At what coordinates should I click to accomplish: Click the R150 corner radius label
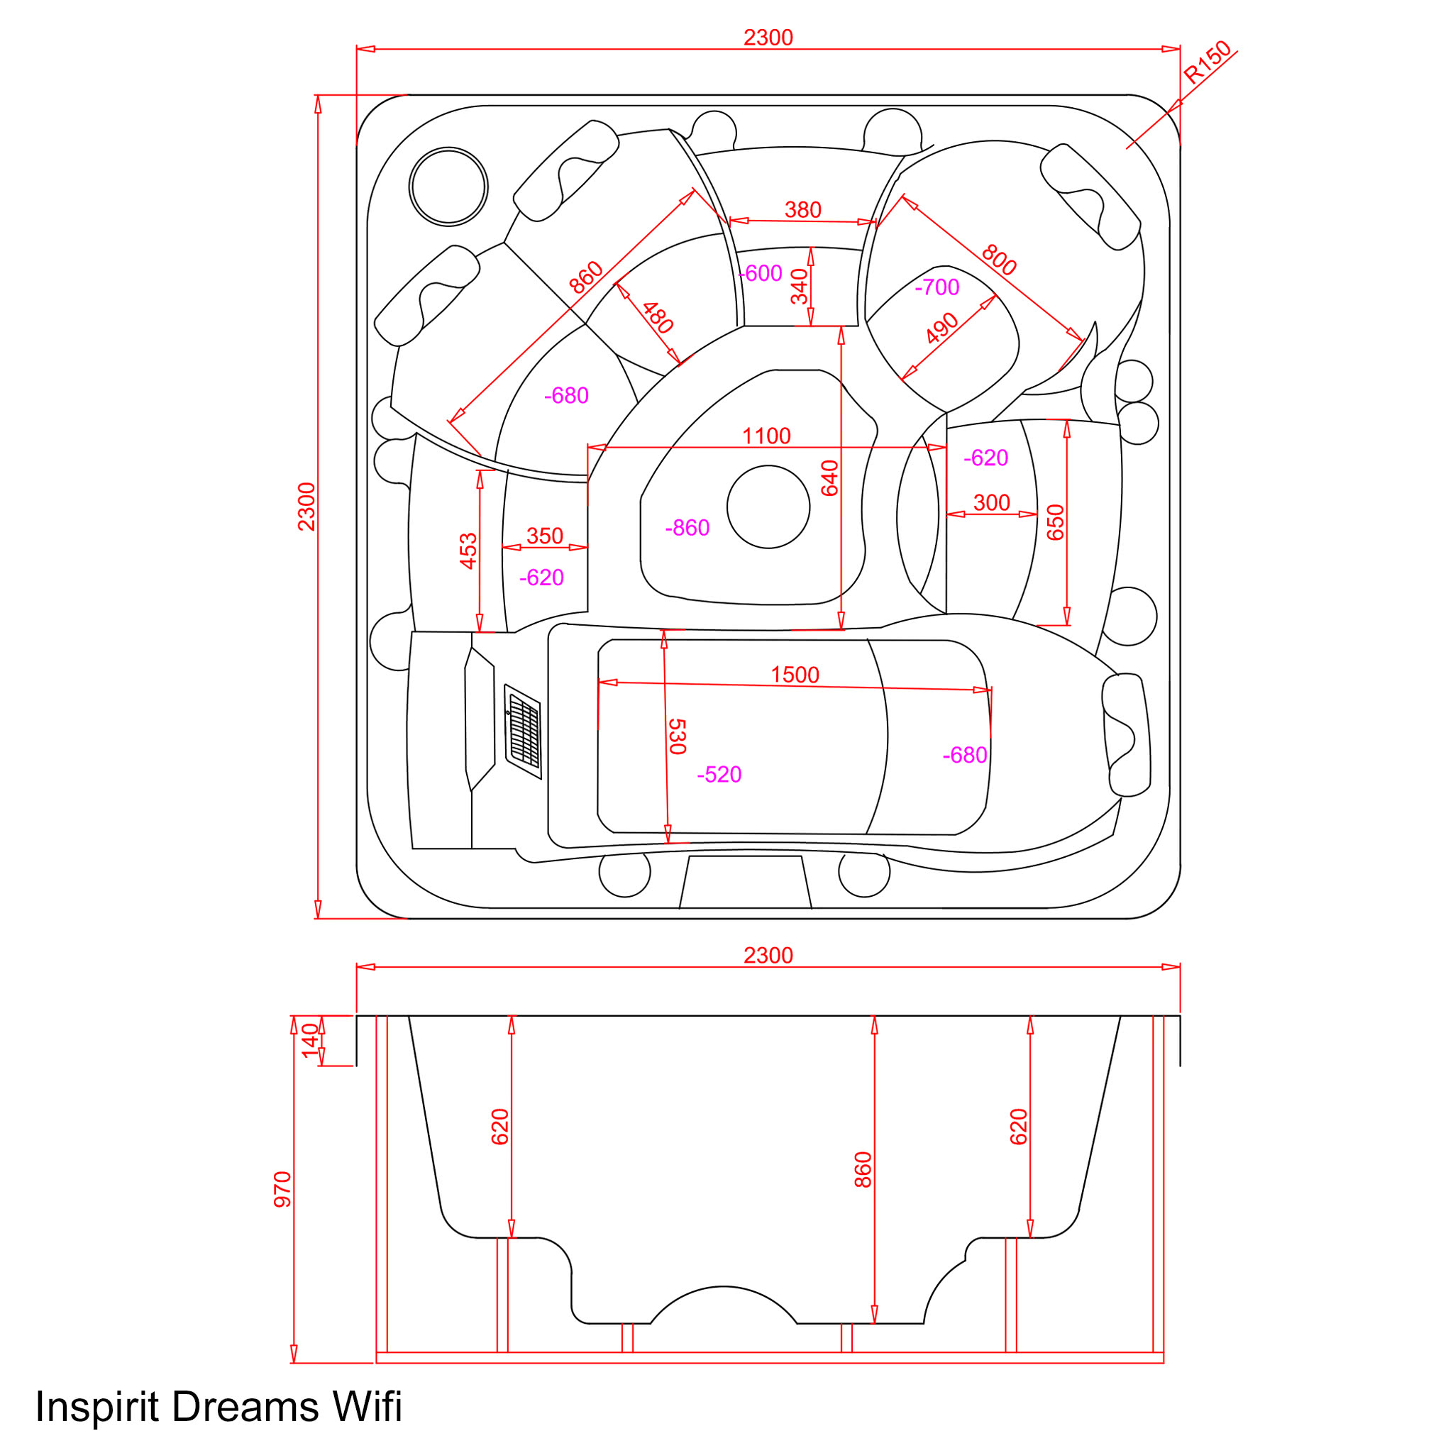(1207, 62)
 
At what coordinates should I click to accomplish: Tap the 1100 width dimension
(766, 436)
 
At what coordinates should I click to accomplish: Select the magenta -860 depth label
(687, 528)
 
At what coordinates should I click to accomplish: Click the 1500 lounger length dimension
(795, 675)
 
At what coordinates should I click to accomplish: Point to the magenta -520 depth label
(719, 775)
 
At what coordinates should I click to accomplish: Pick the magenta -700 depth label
(937, 287)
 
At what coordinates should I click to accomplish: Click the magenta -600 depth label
(761, 274)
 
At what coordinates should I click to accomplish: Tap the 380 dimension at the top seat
(802, 210)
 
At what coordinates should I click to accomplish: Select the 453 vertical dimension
(468, 551)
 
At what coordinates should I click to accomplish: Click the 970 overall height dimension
(283, 1189)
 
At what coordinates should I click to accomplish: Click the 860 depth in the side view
(863, 1169)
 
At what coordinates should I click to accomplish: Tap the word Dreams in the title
(245, 1406)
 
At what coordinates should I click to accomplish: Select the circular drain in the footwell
(768, 507)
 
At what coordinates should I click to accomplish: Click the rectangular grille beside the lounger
(523, 731)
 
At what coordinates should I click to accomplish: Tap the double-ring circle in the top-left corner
(448, 187)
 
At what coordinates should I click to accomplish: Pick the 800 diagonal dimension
(999, 260)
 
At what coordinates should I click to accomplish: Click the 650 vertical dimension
(1056, 522)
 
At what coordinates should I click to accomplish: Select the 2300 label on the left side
(306, 507)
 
